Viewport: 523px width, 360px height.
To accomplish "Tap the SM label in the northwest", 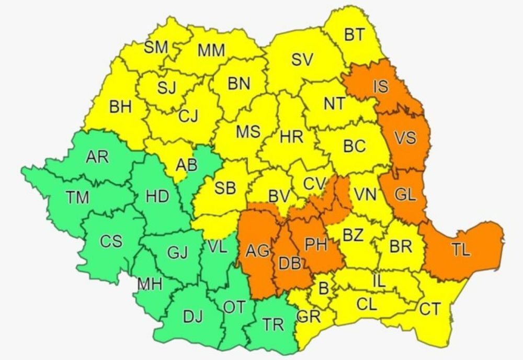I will (156, 48).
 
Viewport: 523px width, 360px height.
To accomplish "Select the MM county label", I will (211, 51).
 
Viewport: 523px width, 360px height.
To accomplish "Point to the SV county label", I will (302, 60).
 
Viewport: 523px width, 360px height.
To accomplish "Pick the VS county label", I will (405, 138).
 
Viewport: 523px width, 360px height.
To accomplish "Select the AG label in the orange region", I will (258, 252).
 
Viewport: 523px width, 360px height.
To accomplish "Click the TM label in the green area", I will (77, 197).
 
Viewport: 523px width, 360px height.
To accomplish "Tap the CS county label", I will (111, 242).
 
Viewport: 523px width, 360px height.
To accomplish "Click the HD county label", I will (157, 196).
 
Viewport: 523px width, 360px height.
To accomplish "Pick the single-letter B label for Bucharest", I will (323, 288).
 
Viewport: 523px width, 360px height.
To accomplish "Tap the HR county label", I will (291, 138).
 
